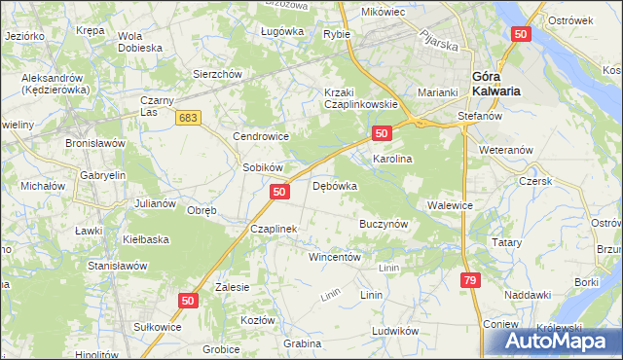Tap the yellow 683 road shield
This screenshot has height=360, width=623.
pos(190,118)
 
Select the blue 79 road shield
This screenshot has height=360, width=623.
pos(470,280)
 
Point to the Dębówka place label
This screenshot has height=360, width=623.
pos(334,186)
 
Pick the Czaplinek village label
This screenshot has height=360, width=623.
pos(273,229)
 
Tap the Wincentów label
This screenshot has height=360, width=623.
pos(335,258)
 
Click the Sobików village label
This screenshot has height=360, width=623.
pos(262,167)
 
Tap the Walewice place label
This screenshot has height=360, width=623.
pos(450,205)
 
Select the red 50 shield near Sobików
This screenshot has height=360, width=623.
pos(279,193)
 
